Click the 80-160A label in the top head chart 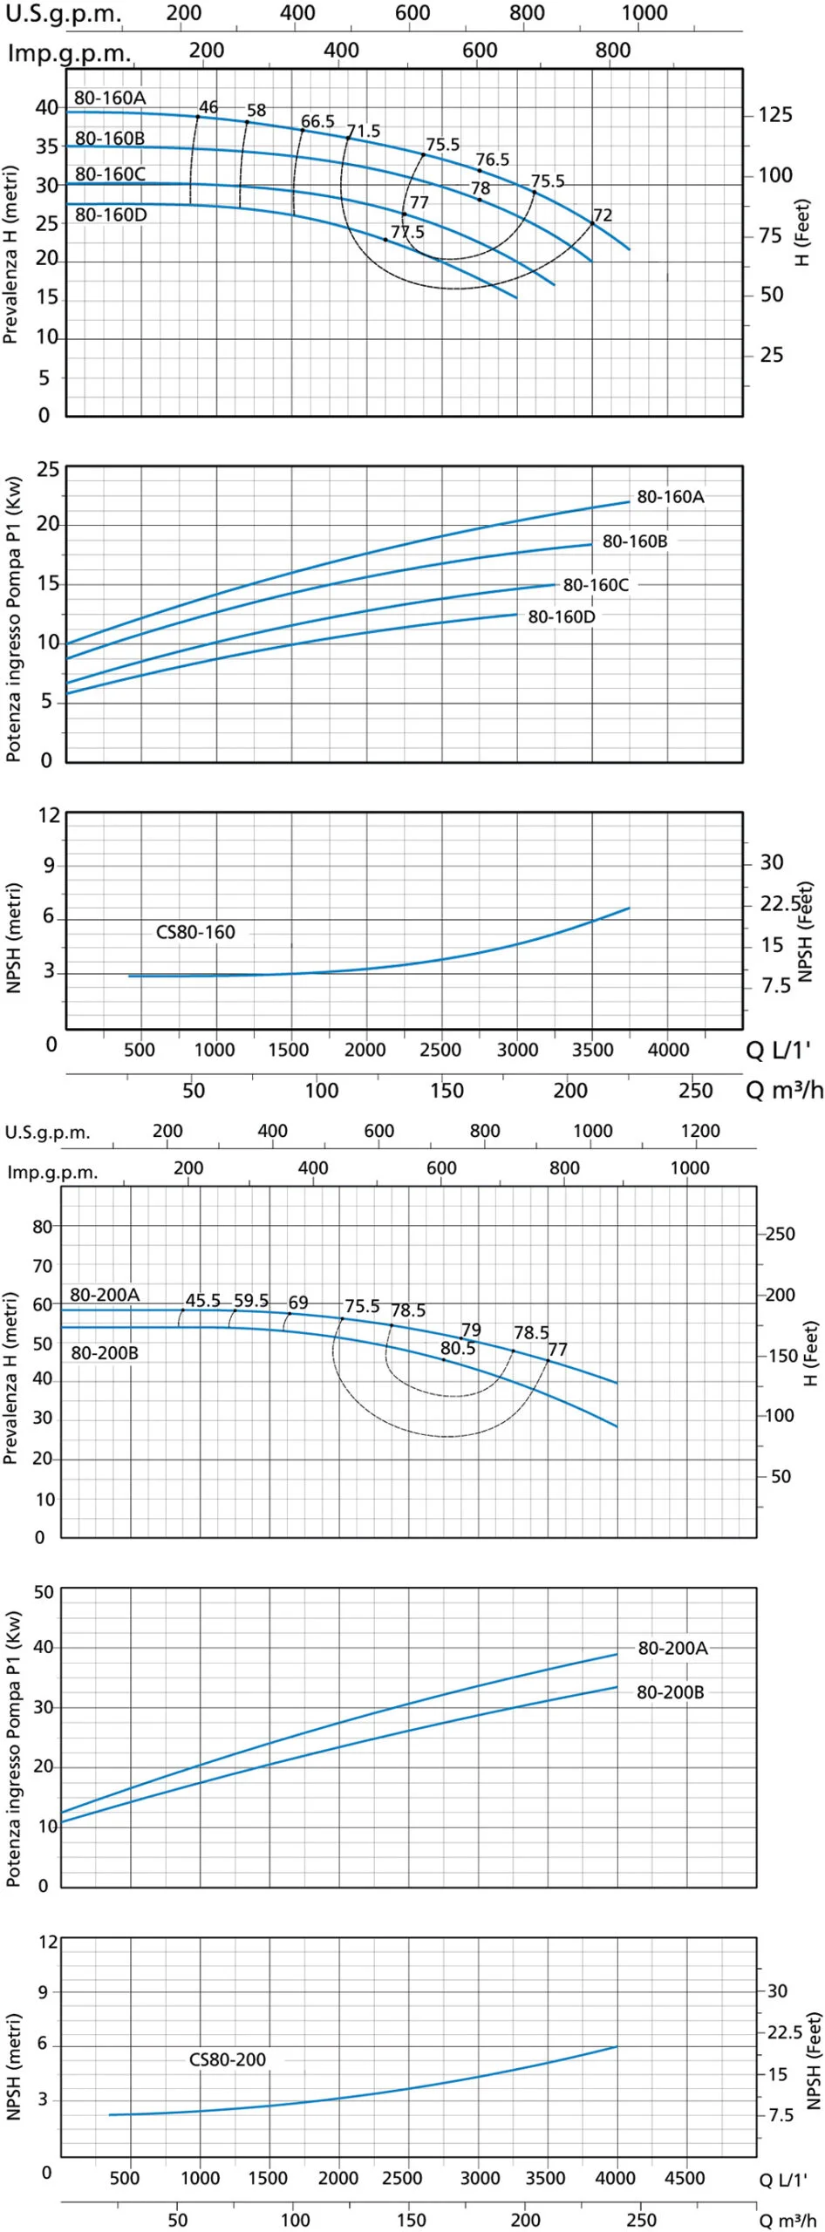110,98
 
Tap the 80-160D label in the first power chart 562,616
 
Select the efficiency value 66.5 317,121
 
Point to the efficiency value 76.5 492,160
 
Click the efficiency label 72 603,215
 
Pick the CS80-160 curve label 195,932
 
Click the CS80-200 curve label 228,2059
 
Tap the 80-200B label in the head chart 105,1353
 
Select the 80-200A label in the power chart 672,1648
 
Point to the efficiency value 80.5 458,1348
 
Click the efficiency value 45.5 202,1300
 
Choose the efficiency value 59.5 251,1300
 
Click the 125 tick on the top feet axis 775,115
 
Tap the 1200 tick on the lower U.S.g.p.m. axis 700,1131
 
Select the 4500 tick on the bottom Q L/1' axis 685,2178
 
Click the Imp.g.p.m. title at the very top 70,53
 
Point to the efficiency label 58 256,111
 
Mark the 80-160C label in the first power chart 596,584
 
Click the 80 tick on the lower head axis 43,1226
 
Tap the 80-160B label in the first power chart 635,541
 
